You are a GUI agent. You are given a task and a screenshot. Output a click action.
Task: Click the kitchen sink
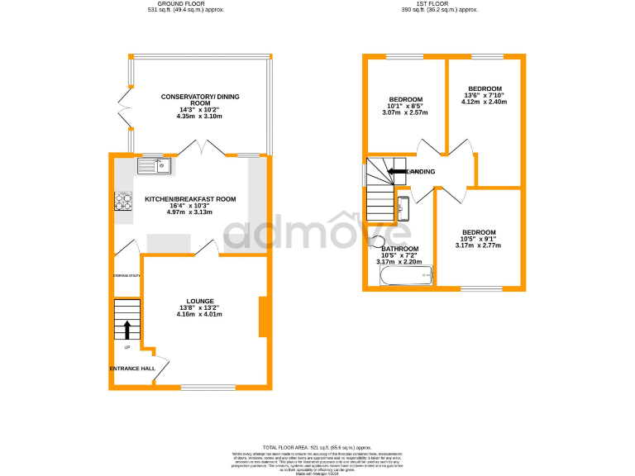pyautogui.click(x=155, y=166)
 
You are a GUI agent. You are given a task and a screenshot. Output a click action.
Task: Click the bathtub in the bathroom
pyautogui.click(x=406, y=276)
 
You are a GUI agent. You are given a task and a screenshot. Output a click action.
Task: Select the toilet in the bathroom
pyautogui.click(x=377, y=242)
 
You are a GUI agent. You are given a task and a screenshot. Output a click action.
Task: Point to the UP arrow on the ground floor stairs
pyautogui.click(x=127, y=329)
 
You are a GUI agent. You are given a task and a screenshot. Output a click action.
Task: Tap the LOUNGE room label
pyautogui.click(x=200, y=301)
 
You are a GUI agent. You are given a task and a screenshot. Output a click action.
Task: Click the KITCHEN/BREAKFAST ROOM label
pyautogui.click(x=191, y=199)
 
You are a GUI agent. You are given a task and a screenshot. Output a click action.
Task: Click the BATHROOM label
pyautogui.click(x=399, y=249)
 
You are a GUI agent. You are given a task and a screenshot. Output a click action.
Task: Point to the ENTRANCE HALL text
pyautogui.click(x=132, y=369)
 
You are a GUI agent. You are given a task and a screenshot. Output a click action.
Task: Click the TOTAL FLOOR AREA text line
pyautogui.click(x=317, y=445)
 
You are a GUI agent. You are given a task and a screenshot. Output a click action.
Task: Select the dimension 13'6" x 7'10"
pyautogui.click(x=485, y=95)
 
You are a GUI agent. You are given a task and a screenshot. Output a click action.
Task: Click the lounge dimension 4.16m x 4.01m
pyautogui.click(x=200, y=314)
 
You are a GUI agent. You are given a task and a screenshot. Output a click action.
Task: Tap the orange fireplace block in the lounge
pyautogui.click(x=263, y=317)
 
